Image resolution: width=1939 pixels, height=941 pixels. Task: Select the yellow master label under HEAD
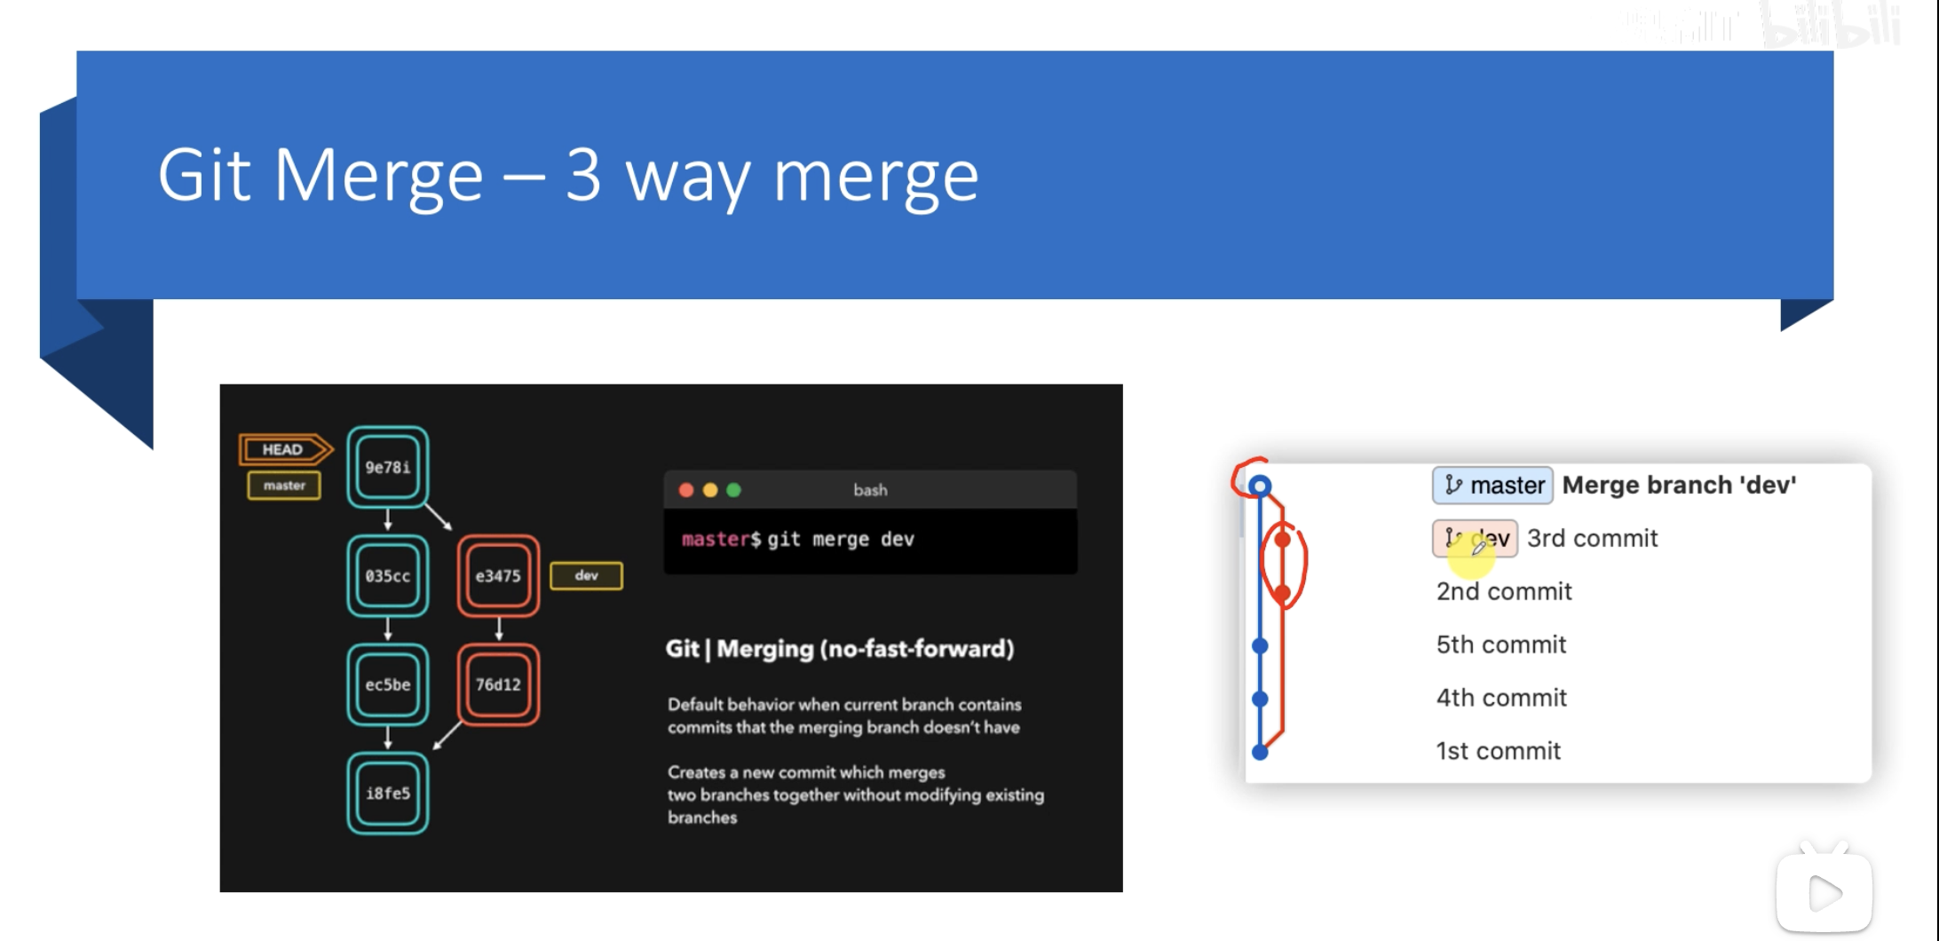(284, 486)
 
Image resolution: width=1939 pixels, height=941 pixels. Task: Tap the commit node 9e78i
(388, 468)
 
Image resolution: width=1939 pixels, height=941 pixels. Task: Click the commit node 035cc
(388, 576)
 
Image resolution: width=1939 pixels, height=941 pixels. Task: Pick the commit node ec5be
(388, 684)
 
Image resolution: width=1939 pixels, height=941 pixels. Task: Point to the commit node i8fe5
(388, 793)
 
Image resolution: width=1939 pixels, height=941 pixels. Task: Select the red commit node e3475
(498, 576)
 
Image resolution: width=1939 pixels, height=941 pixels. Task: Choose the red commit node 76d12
(498, 684)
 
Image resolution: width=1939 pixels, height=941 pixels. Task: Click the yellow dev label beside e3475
(586, 575)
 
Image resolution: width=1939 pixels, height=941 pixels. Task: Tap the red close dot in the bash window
(685, 490)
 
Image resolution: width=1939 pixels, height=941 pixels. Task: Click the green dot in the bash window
(733, 490)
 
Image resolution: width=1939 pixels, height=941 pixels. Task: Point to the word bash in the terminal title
(870, 490)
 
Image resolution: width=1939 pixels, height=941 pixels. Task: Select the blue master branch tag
(1492, 486)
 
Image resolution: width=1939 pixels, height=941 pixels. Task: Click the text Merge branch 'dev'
(1679, 485)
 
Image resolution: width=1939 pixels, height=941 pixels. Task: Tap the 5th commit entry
(1500, 644)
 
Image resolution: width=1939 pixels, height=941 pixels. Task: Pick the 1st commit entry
(1498, 751)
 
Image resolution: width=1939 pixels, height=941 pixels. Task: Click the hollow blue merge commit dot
(1260, 486)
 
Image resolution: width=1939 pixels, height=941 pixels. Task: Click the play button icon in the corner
(1824, 893)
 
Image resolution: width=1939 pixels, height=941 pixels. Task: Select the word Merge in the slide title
(378, 175)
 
